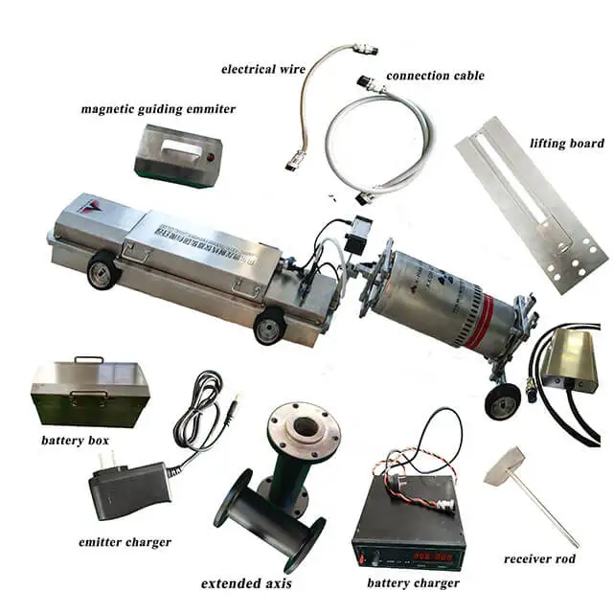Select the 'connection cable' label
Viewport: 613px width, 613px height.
click(435, 75)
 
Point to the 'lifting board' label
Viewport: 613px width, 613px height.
click(566, 144)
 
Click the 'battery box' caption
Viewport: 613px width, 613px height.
click(75, 442)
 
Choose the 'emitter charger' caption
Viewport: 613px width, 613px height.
click(125, 543)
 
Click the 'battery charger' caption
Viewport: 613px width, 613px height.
click(413, 582)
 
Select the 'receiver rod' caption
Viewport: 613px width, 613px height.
click(539, 558)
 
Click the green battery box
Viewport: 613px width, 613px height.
click(89, 391)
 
